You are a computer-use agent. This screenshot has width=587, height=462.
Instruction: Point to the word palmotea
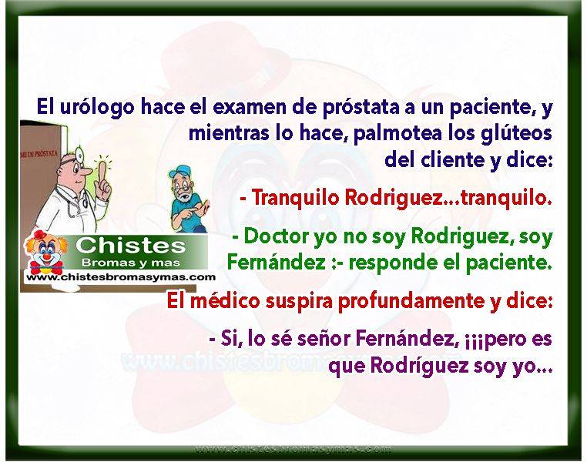397,133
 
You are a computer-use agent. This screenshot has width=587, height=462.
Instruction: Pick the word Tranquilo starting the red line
294,198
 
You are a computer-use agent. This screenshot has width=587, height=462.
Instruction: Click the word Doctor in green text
277,236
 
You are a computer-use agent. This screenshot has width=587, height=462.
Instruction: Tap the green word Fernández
277,263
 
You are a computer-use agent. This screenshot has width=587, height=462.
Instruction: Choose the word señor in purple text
324,339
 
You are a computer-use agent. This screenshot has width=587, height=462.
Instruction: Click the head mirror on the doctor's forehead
79,152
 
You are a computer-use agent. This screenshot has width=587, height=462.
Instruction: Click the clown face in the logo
45,251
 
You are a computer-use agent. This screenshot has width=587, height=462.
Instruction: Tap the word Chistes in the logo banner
131,246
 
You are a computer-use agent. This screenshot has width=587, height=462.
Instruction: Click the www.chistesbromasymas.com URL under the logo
121,277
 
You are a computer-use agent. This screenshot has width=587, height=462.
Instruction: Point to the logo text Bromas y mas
131,263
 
